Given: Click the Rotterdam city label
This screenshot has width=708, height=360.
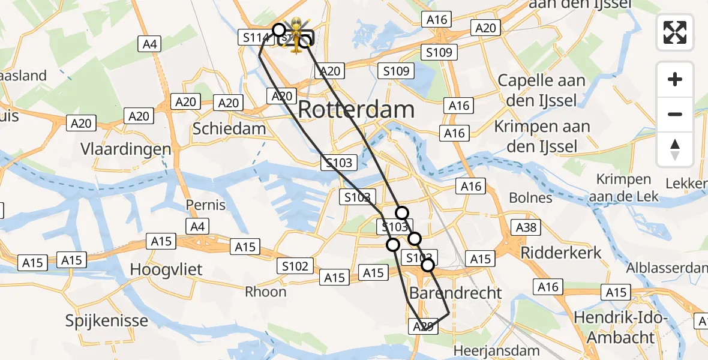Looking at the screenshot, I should click(356, 110).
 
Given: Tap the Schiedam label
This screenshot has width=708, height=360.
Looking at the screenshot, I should click(229, 128).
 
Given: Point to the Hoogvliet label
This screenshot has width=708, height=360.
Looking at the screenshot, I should click(166, 269).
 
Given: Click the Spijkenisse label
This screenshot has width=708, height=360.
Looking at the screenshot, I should click(107, 320).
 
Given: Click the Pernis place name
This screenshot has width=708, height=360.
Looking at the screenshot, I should click(206, 205).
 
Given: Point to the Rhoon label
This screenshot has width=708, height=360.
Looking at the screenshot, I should click(266, 292).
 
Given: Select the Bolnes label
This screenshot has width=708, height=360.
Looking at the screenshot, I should click(530, 197).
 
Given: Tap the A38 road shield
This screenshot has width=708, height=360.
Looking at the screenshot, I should click(526, 227).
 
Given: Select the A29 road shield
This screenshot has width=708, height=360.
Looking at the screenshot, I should click(423, 326).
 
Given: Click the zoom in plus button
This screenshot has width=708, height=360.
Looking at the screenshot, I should click(675, 79).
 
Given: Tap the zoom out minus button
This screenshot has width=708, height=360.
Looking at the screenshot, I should click(675, 114).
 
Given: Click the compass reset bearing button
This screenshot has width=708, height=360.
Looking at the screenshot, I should click(675, 149).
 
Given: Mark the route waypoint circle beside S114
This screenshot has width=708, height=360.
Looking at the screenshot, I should click(278, 29).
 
